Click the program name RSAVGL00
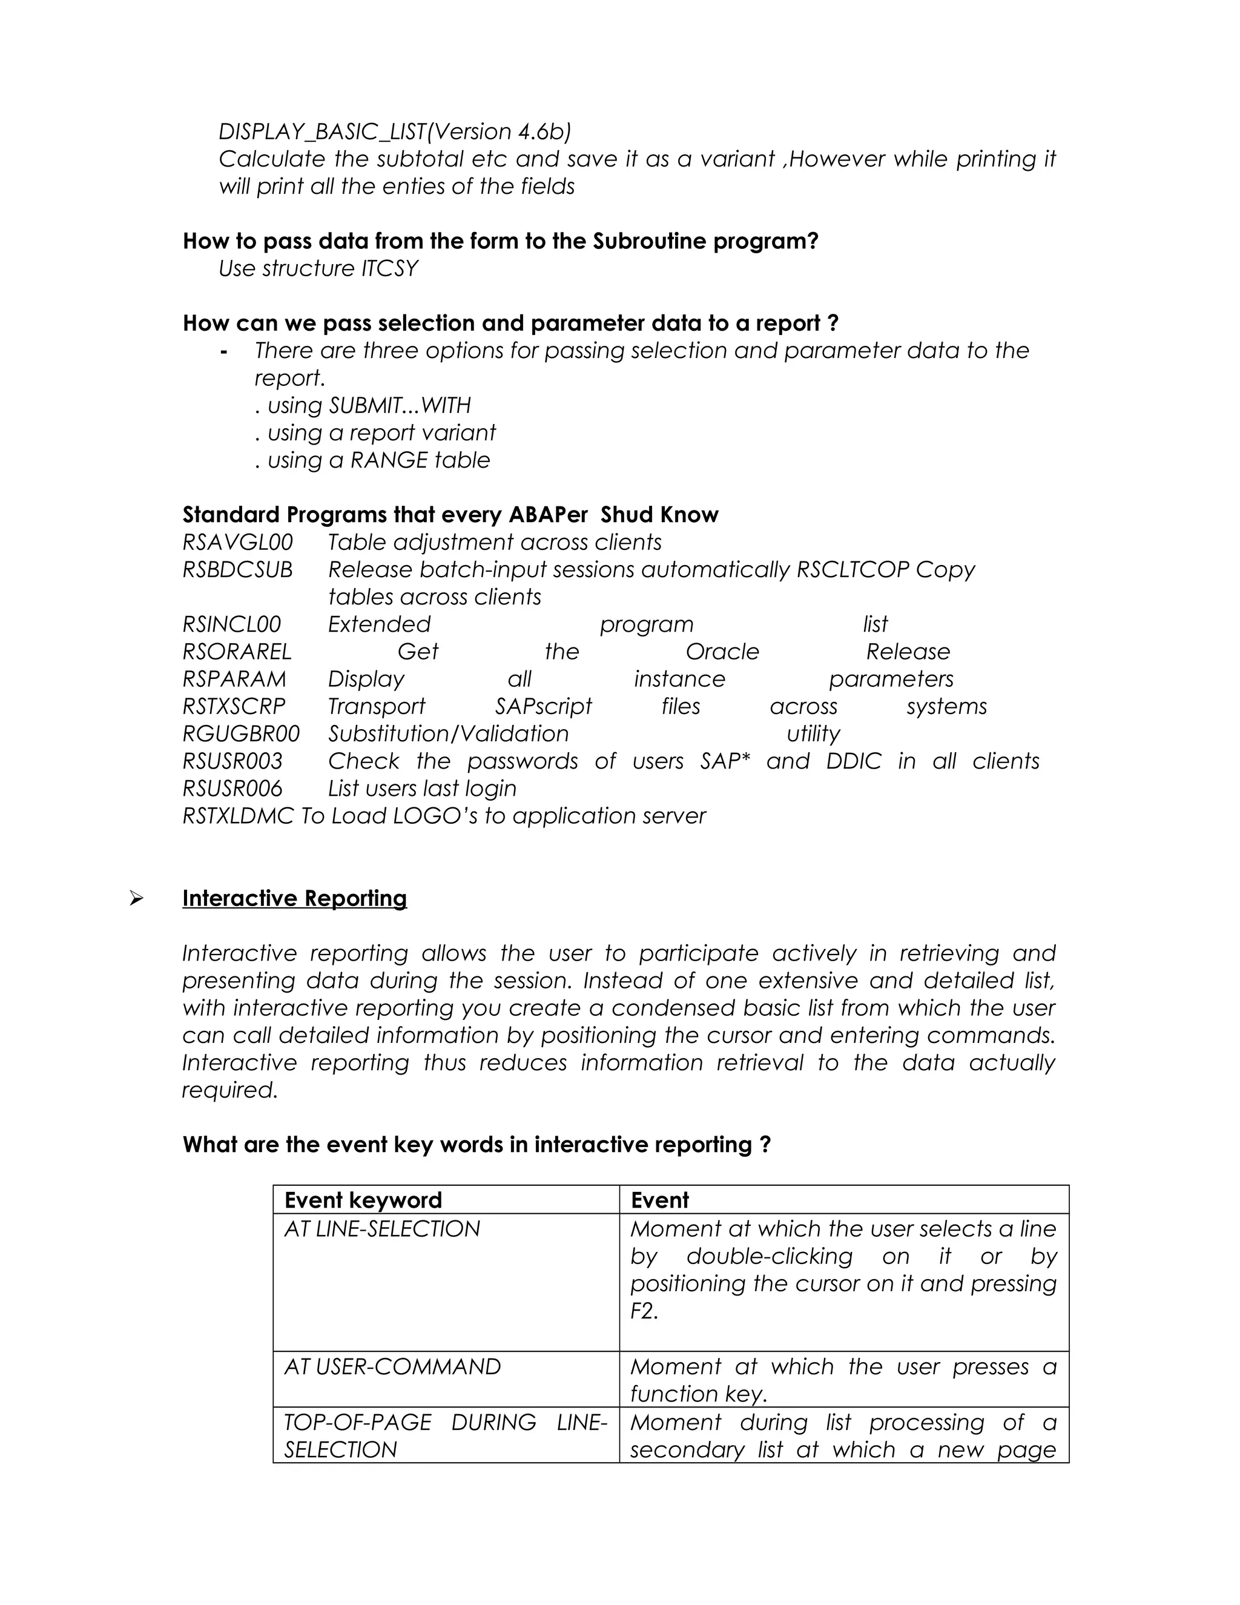pyautogui.click(x=237, y=542)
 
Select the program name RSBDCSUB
pyautogui.click(x=237, y=569)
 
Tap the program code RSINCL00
pyautogui.click(x=231, y=624)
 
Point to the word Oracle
pyautogui.click(x=722, y=652)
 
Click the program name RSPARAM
pyautogui.click(x=234, y=679)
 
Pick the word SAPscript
pyautogui.click(x=543, y=706)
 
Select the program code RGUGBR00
pyautogui.click(x=241, y=733)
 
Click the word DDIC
pyautogui.click(x=853, y=761)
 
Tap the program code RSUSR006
pyautogui.click(x=232, y=789)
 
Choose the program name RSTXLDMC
pyautogui.click(x=238, y=816)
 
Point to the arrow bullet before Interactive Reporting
pyautogui.click(x=136, y=898)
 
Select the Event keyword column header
pyautogui.click(x=363, y=1200)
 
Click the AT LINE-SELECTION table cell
pyautogui.click(x=382, y=1229)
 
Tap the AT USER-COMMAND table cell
pyautogui.click(x=392, y=1366)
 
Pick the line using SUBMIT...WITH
pyautogui.click(x=363, y=406)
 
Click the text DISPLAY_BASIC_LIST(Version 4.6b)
pyautogui.click(x=395, y=131)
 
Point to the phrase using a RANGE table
pyautogui.click(x=372, y=460)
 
